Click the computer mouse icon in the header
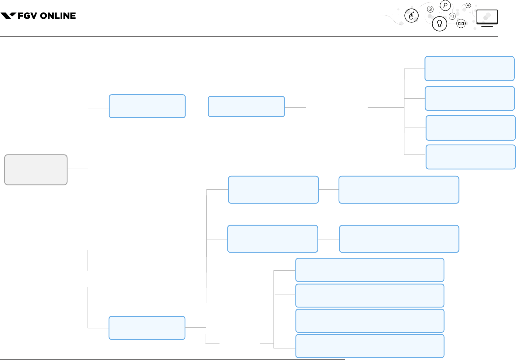(411, 16)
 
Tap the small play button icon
(430, 9)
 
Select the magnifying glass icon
(445, 6)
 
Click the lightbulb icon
(439, 24)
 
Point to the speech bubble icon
(452, 16)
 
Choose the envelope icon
(461, 23)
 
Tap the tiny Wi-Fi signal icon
(468, 6)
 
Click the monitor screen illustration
(487, 17)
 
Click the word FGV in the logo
(27, 16)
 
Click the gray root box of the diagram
(36, 170)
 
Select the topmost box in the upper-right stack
(469, 69)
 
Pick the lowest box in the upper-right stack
(471, 157)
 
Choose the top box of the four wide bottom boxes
(370, 270)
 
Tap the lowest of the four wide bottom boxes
(370, 346)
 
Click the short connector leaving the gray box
(78, 169)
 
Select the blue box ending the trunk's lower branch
(147, 328)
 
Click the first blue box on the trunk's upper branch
(147, 106)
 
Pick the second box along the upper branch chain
(246, 106)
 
